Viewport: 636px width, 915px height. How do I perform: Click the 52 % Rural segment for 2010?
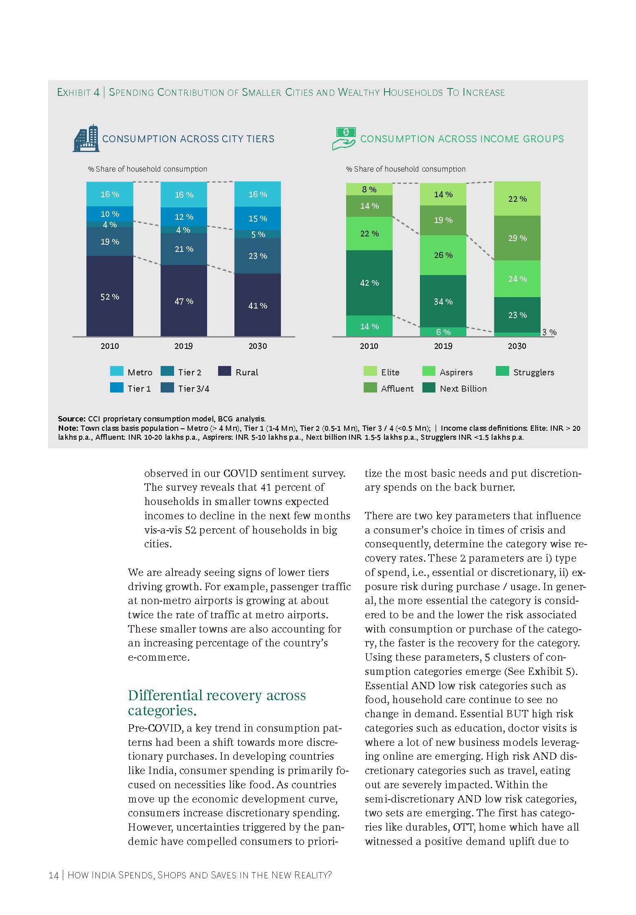tap(110, 296)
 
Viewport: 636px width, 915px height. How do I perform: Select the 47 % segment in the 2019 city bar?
tap(183, 301)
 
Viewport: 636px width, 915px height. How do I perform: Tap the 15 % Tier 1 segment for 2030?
tap(258, 218)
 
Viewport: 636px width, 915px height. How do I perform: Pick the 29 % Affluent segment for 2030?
tap(517, 238)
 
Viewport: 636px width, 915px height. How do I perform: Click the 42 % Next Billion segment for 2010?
tap(369, 282)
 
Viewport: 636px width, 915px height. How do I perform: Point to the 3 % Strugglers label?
tap(549, 332)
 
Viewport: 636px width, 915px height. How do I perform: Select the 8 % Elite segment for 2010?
tap(369, 189)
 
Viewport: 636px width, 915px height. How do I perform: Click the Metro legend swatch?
tap(117, 371)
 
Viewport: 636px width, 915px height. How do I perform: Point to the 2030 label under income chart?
tap(517, 346)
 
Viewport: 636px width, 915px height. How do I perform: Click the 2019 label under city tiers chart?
tap(183, 346)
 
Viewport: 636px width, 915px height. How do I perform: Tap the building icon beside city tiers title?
tap(86, 139)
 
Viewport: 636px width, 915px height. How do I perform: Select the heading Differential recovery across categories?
tap(216, 702)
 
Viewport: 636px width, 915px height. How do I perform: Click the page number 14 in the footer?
tap(53, 875)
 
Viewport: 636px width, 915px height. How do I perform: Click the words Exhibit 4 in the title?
tap(78, 93)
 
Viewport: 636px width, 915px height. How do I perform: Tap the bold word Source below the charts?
tap(71, 419)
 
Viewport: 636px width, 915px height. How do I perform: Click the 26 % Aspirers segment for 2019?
tap(443, 255)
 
